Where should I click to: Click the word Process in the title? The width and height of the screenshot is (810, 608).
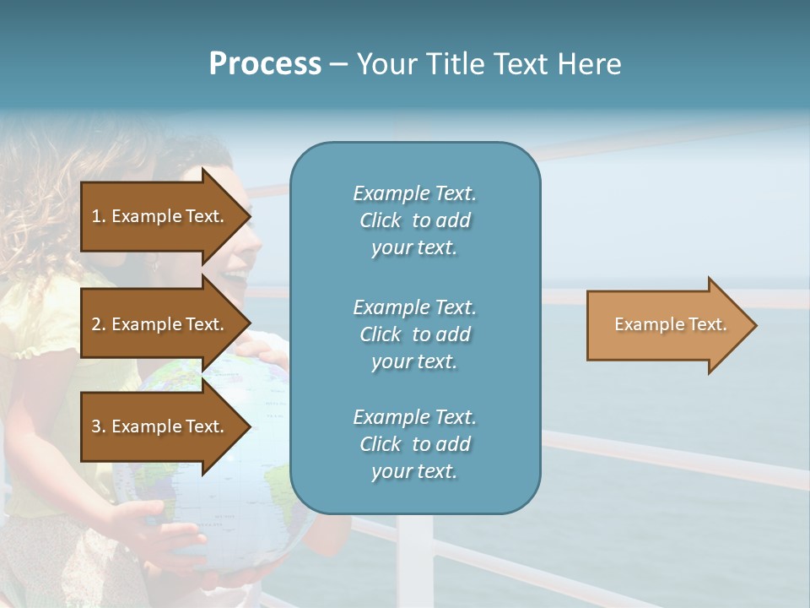pos(265,64)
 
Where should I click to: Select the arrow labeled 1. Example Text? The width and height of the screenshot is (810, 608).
pos(160,216)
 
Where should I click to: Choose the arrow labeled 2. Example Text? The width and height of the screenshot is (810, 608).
pos(160,324)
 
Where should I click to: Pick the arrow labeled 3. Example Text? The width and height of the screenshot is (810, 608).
pos(160,426)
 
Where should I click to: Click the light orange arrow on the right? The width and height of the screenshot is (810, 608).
pos(667,325)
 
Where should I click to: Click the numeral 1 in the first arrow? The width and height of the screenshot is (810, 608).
pos(96,216)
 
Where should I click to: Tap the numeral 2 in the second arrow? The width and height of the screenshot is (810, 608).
pos(96,324)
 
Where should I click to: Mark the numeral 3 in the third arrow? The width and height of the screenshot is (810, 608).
pos(96,426)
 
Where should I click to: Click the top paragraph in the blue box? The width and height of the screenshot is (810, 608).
pos(414,220)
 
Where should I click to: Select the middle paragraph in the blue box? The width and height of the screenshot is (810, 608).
pos(414,334)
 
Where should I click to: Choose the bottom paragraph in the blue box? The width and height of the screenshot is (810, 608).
pos(414,444)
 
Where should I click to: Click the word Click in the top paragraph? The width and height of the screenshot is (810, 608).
pos(381,220)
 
